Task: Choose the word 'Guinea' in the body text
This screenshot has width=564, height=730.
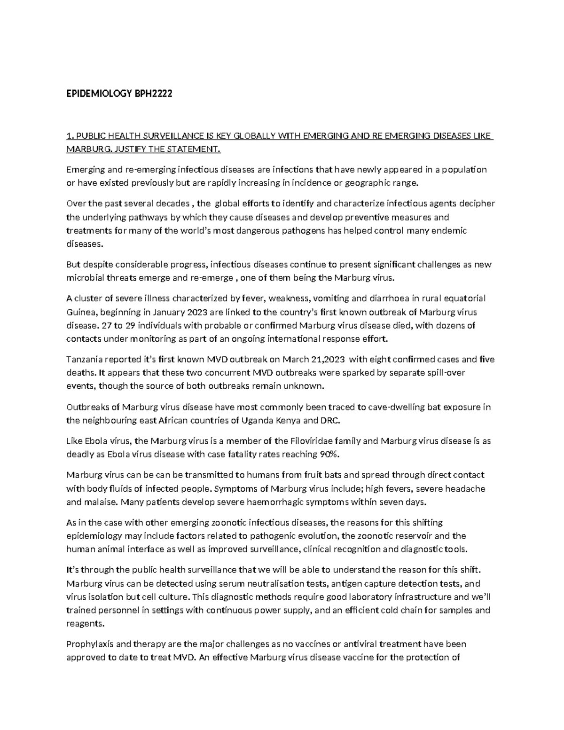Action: pos(79,312)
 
